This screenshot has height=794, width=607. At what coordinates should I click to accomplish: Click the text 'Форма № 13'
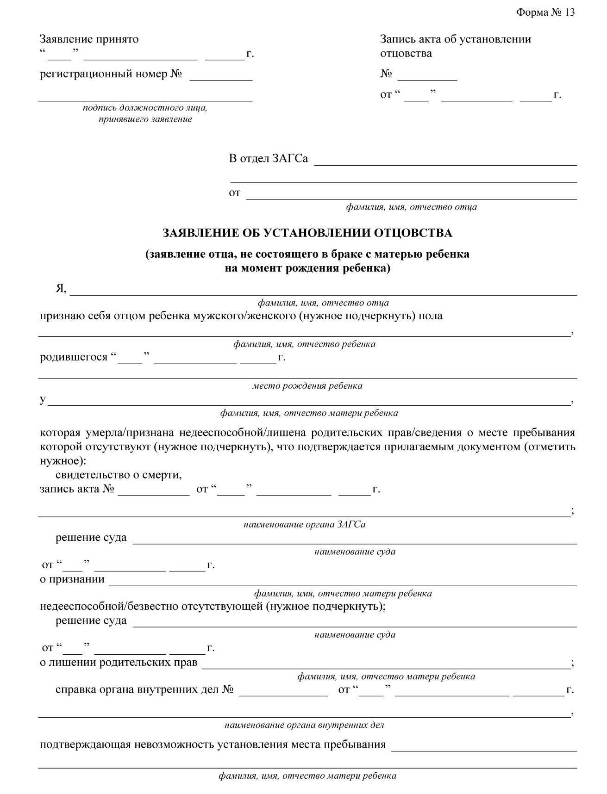[545, 12]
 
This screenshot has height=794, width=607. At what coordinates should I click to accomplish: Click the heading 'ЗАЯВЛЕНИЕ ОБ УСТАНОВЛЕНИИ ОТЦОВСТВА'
[307, 233]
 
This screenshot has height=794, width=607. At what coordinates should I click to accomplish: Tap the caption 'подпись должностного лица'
[145, 108]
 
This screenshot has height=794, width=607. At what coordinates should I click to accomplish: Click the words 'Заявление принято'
[89, 39]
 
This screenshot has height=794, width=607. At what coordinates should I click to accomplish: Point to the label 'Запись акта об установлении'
[456, 39]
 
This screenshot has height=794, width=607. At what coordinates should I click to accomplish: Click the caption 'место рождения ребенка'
[307, 385]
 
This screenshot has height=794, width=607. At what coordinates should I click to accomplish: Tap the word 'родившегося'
[74, 358]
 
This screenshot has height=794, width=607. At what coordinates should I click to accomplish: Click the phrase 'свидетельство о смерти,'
[119, 475]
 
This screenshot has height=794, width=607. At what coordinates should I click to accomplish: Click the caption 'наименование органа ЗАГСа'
[304, 524]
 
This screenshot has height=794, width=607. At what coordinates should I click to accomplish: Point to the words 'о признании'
[72, 579]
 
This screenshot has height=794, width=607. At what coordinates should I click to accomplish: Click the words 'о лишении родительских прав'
[119, 662]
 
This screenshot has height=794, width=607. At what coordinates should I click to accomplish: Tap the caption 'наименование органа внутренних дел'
[304, 725]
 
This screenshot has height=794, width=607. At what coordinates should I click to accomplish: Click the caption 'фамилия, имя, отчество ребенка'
[304, 344]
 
